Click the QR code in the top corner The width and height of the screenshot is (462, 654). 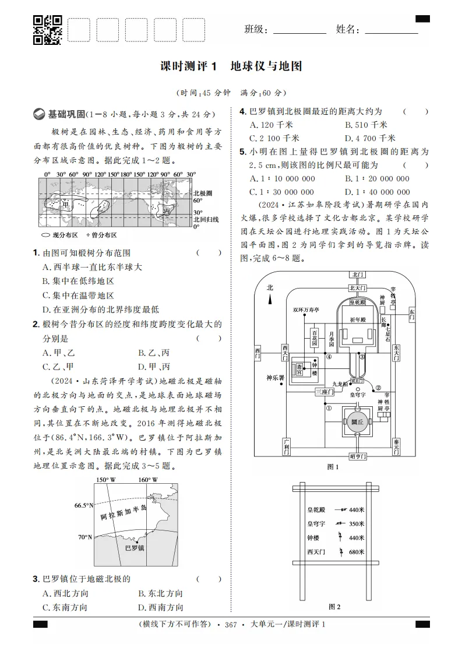(x=47, y=30)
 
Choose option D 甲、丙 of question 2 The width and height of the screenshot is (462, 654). (x=154, y=367)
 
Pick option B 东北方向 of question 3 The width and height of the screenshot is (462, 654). (x=160, y=593)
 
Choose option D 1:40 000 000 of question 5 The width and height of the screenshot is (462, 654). (x=377, y=192)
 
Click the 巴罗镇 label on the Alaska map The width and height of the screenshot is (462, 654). (x=135, y=548)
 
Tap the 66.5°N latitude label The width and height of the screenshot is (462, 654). (x=83, y=505)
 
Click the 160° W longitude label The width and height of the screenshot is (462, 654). (x=148, y=480)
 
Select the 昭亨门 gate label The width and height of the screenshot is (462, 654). (x=357, y=456)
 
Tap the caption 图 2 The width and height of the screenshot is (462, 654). (x=334, y=607)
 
